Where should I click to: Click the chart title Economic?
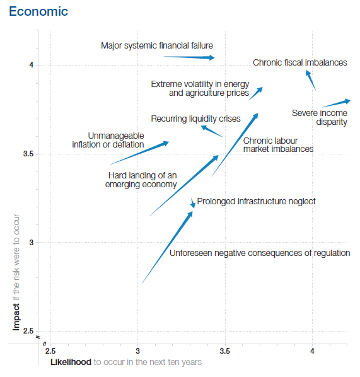click(x=38, y=12)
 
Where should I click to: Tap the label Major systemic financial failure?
click(x=157, y=45)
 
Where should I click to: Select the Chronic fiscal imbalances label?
click(x=299, y=62)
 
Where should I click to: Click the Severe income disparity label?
click(x=320, y=117)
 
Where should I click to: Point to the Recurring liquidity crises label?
click(x=195, y=119)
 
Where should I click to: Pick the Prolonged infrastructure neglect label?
click(x=256, y=201)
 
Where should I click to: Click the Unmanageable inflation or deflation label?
click(x=108, y=140)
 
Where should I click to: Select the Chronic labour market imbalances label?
click(x=278, y=144)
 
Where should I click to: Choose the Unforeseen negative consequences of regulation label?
click(x=260, y=253)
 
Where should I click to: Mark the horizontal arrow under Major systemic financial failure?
click(x=189, y=57)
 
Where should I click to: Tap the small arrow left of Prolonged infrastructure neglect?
click(x=193, y=202)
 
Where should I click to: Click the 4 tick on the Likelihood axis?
click(x=313, y=351)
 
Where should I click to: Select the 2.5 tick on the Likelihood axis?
click(x=50, y=351)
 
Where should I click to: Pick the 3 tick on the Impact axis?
click(x=29, y=243)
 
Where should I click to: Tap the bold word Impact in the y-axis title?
click(x=16, y=316)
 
